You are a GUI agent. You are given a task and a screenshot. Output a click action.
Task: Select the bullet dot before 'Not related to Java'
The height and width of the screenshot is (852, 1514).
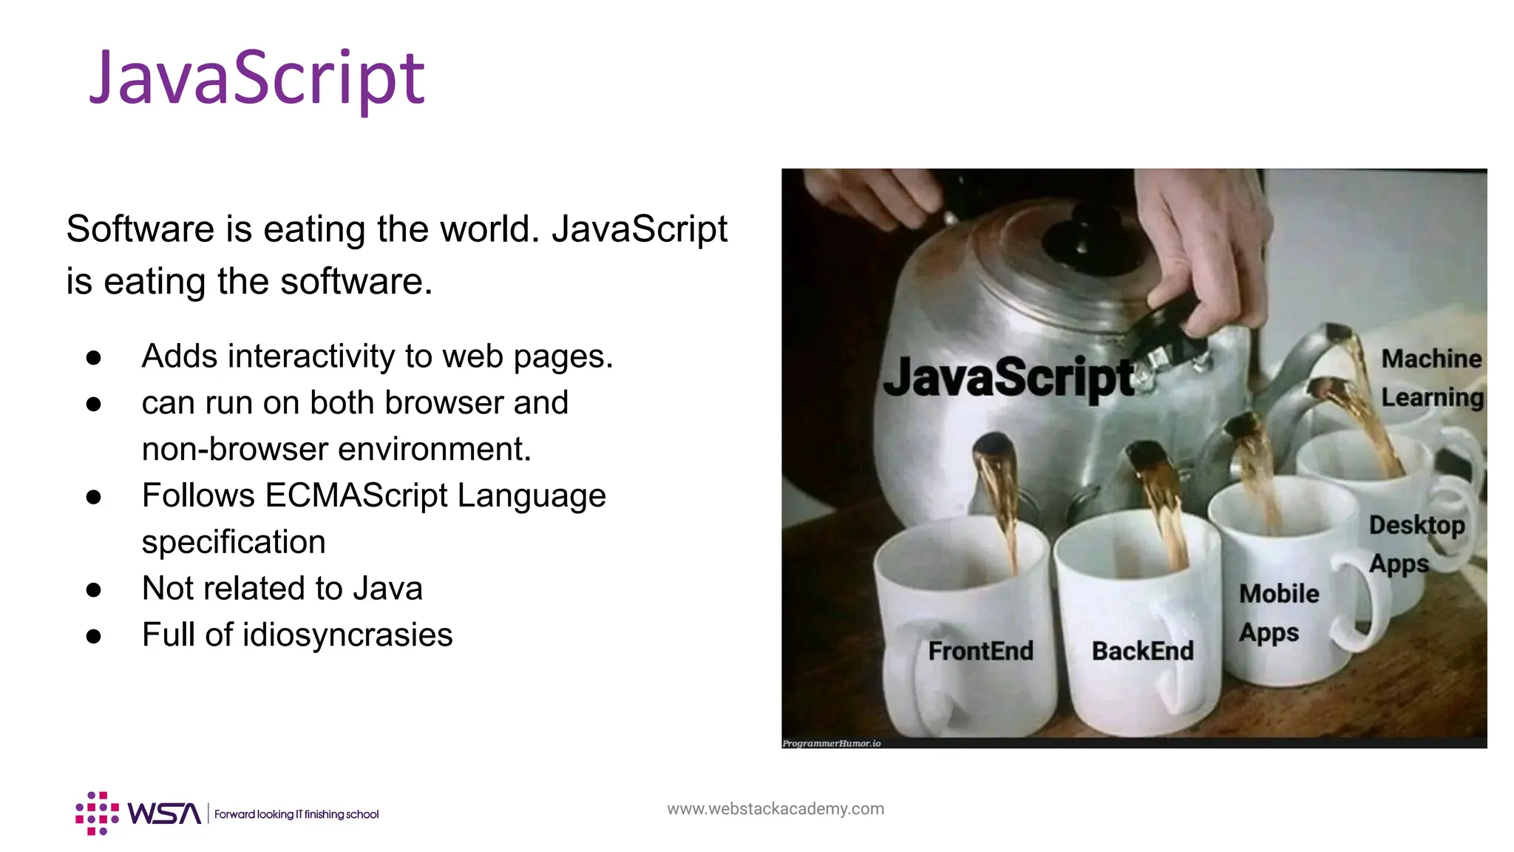coord(93,589)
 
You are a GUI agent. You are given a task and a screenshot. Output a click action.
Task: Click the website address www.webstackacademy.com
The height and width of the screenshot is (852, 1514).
coord(775,808)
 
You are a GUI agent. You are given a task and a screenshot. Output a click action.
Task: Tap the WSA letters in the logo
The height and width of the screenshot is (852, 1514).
coord(163,814)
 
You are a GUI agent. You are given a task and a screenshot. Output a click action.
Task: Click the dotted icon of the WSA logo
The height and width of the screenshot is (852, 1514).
coord(97,814)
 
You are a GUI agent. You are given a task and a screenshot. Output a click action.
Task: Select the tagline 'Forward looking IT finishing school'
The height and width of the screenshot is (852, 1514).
coord(296,814)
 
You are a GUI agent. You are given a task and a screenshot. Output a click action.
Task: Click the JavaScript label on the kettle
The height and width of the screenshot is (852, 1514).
coord(1008,377)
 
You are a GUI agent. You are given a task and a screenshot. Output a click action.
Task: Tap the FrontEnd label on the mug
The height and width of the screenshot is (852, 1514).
coord(980,651)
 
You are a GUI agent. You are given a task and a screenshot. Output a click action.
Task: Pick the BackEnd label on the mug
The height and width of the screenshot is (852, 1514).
coord(1142,651)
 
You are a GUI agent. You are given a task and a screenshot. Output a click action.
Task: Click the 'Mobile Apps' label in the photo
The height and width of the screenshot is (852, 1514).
coord(1277,613)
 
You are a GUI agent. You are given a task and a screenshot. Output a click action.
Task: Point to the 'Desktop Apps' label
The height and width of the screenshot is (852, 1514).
coord(1415,544)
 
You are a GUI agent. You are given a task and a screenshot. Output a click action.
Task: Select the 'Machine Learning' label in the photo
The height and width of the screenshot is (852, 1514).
coord(1431,378)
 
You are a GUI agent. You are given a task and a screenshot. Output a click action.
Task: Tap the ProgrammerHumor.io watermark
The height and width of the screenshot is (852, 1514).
coord(832,743)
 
